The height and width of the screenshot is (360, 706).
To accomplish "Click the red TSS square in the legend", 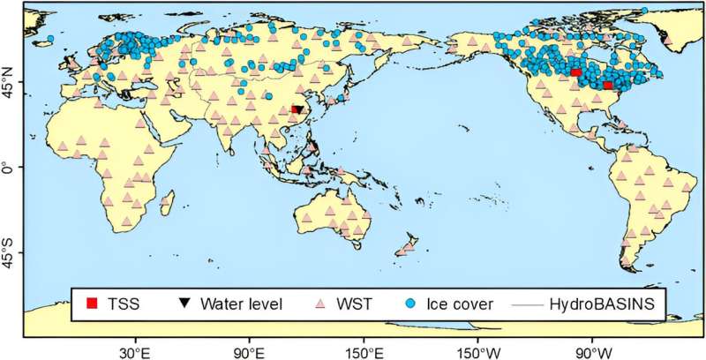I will click(x=91, y=305).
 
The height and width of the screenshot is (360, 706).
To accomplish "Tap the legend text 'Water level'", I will click(x=241, y=305).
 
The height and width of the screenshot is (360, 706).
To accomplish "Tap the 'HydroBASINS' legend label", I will click(x=606, y=305).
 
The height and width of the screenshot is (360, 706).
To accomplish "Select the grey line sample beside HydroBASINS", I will click(x=526, y=305).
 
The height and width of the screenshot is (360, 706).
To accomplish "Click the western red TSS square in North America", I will click(x=575, y=73).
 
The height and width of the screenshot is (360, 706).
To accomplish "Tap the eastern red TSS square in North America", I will click(x=608, y=85).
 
